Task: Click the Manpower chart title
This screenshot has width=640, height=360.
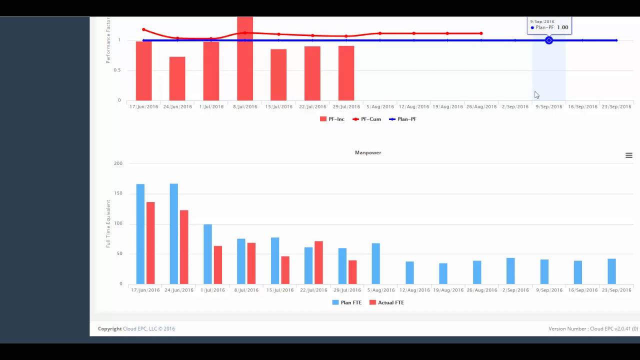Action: [368, 152]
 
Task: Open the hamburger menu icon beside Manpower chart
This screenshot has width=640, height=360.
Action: [628, 155]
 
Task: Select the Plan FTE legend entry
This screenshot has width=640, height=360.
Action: [347, 302]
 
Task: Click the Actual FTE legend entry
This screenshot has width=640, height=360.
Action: [386, 302]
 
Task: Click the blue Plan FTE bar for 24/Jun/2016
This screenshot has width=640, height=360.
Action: [173, 234]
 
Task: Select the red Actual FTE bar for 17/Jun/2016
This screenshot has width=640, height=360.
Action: [150, 243]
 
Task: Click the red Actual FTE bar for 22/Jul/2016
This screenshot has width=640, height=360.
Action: [318, 262]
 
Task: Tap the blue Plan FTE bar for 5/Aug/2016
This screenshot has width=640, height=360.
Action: [375, 263]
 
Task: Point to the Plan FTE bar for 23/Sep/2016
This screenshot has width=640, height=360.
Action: [611, 271]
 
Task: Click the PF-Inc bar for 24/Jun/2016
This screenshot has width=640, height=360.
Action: [177, 78]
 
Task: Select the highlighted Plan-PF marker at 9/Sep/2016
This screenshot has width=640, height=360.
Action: [549, 40]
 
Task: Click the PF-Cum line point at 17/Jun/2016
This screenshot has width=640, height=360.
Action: [143, 30]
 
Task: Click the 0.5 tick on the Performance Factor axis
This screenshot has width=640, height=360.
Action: [117, 70]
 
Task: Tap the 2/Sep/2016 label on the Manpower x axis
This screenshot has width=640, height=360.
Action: [515, 290]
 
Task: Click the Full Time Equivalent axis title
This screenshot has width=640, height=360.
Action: [108, 223]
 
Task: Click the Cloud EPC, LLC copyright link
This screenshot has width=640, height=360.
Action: [148, 328]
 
